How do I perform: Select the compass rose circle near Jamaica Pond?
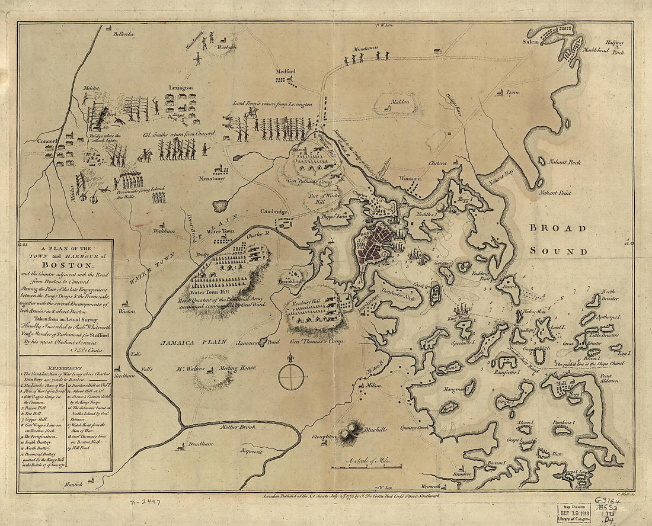coord(293,376)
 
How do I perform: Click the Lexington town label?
coord(181,88)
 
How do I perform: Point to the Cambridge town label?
coord(273,212)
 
